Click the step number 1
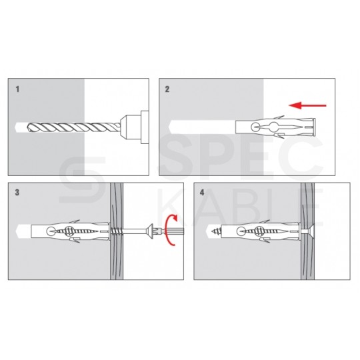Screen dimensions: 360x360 tap(17, 89)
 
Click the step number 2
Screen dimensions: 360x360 tap(167, 89)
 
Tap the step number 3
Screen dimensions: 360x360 tap(17, 193)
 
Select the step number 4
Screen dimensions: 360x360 tap(202, 193)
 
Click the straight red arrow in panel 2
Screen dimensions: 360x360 tap(307, 105)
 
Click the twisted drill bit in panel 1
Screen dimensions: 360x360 tap(73, 127)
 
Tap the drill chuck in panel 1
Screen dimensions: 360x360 tap(134, 127)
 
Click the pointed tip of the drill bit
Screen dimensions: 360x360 tap(27, 127)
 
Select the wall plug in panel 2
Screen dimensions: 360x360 tap(275, 127)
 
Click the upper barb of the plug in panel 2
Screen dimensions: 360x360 tap(278, 117)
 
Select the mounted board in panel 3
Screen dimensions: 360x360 tap(117, 231)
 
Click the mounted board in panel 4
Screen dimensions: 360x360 tap(307, 231)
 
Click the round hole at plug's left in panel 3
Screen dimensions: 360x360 tap(51, 231)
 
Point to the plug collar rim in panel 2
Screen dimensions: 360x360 tap(314, 127)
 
